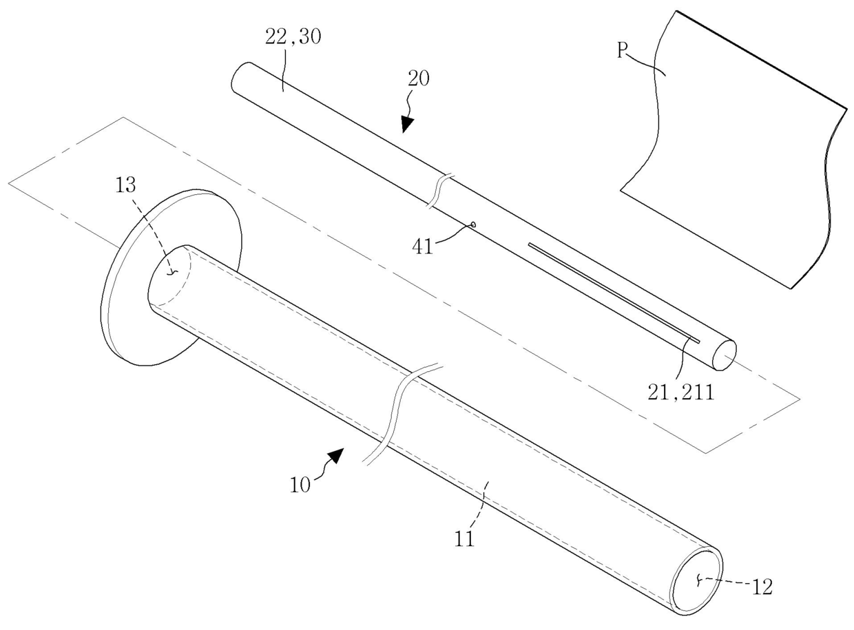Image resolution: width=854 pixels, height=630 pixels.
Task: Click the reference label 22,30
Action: pyautogui.click(x=293, y=36)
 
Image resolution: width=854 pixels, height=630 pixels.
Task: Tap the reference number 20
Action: pyautogui.click(x=418, y=78)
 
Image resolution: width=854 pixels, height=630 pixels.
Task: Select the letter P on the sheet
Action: pyautogui.click(x=622, y=52)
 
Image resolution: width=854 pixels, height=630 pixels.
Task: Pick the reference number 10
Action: pyautogui.click(x=300, y=483)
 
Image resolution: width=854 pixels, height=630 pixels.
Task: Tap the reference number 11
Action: pyautogui.click(x=466, y=537)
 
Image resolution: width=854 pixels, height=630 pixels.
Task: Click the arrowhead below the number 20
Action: pyautogui.click(x=407, y=123)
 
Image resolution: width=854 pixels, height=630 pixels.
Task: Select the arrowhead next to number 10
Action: pyautogui.click(x=335, y=456)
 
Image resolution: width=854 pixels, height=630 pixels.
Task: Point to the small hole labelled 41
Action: pyautogui.click(x=474, y=224)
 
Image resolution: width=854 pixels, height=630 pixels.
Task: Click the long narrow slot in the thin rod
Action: pyautogui.click(x=613, y=292)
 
